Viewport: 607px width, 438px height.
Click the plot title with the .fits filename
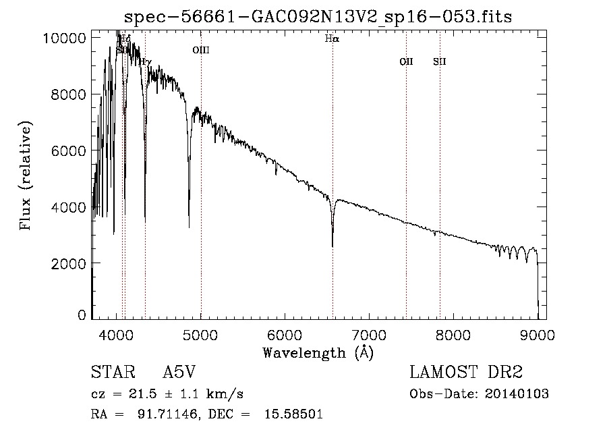[x=318, y=16]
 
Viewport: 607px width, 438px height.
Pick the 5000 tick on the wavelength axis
[x=201, y=334]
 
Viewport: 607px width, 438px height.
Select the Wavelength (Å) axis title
[x=318, y=352]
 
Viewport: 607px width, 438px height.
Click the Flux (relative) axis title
[x=26, y=176]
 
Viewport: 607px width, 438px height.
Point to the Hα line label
[x=332, y=39]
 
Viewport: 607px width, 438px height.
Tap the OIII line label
[x=201, y=50]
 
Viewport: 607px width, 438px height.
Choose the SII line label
[x=440, y=62]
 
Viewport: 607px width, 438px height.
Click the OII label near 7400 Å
[x=406, y=62]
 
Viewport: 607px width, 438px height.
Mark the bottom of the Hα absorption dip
[x=333, y=246]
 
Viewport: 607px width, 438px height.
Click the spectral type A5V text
[x=180, y=373]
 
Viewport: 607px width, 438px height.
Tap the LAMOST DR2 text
[x=466, y=373]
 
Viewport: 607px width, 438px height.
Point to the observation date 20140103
[x=518, y=394]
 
